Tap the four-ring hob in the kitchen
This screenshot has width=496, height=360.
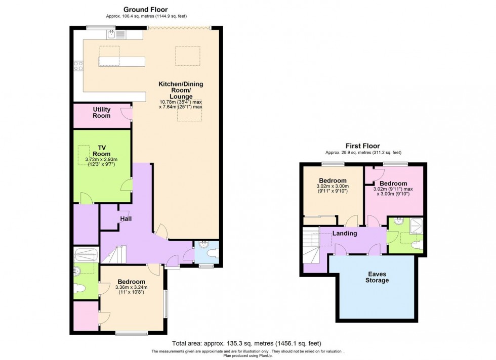click(78, 65)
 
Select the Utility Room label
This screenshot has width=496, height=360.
click(102, 112)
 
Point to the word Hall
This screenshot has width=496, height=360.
click(126, 218)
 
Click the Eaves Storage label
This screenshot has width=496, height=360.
click(378, 277)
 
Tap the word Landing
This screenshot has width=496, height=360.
click(345, 233)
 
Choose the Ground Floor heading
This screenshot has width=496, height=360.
click(146, 9)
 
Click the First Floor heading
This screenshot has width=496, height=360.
click(362, 146)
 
